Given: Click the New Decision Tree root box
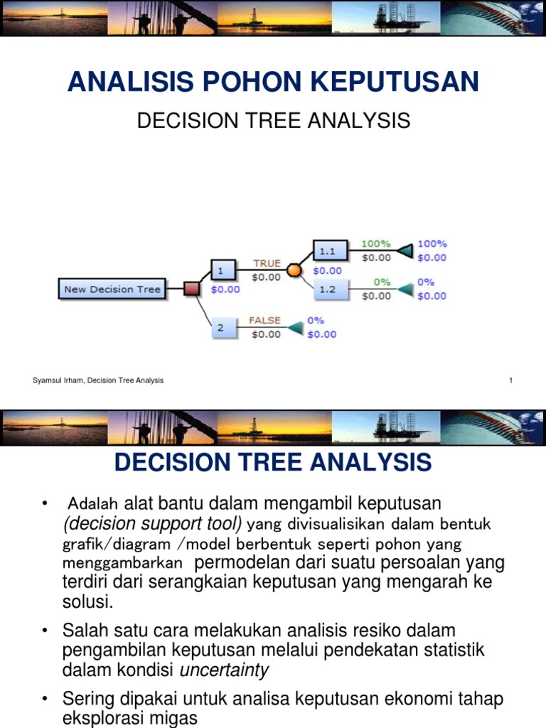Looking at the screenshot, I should click(x=112, y=289).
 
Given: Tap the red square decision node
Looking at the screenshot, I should click(x=191, y=289).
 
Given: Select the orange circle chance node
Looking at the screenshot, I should click(x=294, y=270).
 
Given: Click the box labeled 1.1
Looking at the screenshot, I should click(x=330, y=251).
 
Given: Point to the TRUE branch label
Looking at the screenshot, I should click(x=267, y=263).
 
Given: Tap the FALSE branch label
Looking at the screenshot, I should click(x=264, y=321).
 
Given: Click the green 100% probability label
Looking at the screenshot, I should click(x=376, y=244).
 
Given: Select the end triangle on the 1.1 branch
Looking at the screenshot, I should click(x=405, y=251).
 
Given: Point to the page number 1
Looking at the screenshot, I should click(x=510, y=380).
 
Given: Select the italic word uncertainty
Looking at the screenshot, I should click(x=225, y=670).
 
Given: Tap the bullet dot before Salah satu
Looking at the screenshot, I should click(x=45, y=631).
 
